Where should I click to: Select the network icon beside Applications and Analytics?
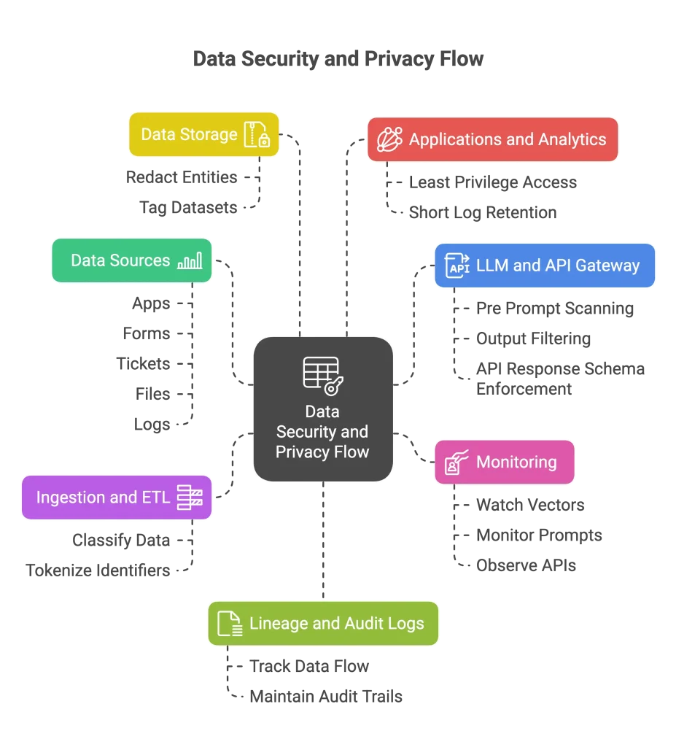389,139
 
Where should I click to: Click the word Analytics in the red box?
572,139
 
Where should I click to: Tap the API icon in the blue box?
458,266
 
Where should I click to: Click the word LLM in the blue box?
492,266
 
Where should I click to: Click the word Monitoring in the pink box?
516,462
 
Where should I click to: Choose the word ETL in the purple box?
154,498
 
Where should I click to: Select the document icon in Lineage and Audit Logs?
230,624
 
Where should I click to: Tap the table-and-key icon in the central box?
322,375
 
